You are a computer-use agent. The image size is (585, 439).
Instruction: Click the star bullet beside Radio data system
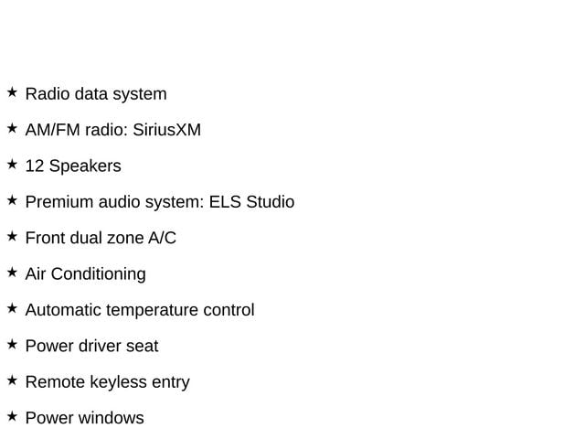pos(12,91)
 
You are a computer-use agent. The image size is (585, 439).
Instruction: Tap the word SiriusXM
pos(166,130)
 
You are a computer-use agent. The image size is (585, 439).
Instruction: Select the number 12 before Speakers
pos(35,166)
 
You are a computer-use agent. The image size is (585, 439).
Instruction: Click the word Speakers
pos(85,166)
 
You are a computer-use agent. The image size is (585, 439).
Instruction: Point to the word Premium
pos(58,202)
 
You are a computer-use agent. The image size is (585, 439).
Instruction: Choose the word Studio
pos(271,202)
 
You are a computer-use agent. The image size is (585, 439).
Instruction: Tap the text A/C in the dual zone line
pos(162,238)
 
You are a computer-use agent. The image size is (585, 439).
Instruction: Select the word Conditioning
pos(99,274)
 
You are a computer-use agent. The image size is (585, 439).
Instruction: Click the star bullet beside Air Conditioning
pos(12,273)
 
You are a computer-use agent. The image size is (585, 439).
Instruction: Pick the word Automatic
pos(63,310)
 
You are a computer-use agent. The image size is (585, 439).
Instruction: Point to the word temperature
pos(152,311)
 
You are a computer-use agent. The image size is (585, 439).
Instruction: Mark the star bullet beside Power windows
pos(12,416)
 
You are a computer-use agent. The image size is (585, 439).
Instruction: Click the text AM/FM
pos(53,130)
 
